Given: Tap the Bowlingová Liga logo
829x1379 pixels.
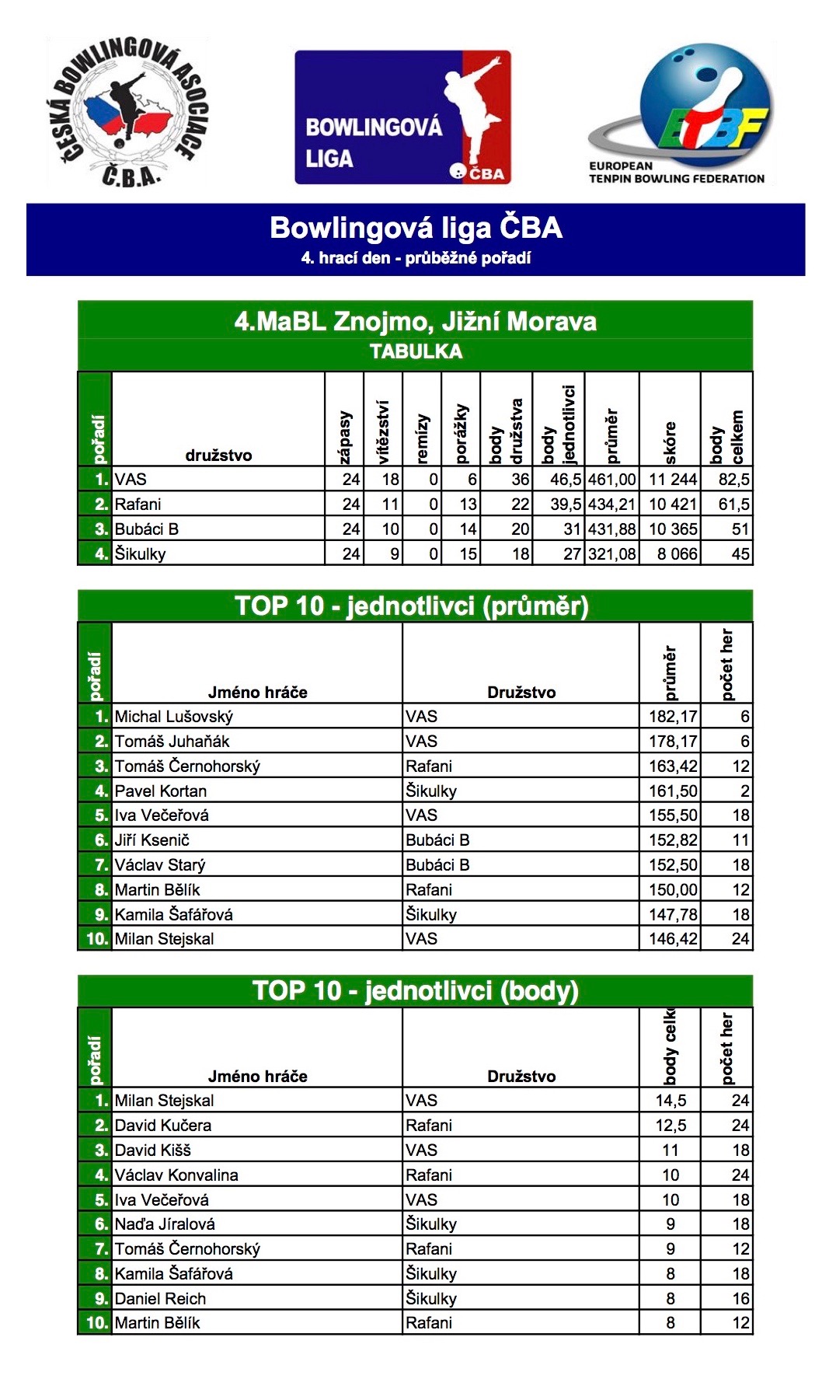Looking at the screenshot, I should coord(402,117).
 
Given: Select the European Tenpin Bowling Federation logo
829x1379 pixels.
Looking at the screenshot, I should coord(680,115).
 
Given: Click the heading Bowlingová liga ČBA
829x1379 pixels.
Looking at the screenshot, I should coord(416,228).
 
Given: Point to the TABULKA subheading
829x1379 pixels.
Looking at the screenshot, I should coord(416,352).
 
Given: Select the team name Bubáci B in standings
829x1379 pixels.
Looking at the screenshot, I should coord(147,529).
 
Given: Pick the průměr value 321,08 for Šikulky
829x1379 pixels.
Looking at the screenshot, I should coord(612,554).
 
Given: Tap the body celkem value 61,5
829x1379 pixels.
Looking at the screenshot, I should coord(733,504).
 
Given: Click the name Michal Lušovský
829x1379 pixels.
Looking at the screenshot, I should coord(174,717).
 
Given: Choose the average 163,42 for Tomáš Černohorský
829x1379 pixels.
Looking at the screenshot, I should coord(673,766).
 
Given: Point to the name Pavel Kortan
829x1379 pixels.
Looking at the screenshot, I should coord(161,791).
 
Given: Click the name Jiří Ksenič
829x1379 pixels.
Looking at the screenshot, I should coord(152,840).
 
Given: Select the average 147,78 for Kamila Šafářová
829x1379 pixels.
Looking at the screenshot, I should coord(673,915).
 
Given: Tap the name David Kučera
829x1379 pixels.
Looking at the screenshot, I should coord(163,1126).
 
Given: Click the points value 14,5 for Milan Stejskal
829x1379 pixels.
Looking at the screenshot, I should coord(671,1101).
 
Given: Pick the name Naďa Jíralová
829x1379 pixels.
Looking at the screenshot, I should coord(165,1224).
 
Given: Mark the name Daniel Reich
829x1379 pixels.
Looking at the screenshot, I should coord(161,1299).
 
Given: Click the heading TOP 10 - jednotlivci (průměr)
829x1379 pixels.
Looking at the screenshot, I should coord(412,606).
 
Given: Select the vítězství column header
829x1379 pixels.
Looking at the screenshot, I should coord(383,432).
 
